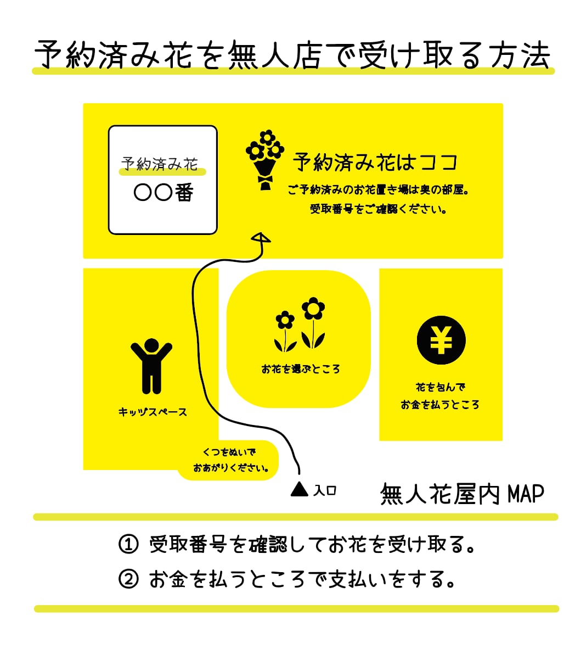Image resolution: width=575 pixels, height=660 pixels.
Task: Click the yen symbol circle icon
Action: pos(441,340)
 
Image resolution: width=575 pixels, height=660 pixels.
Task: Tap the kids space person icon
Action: pos(151,366)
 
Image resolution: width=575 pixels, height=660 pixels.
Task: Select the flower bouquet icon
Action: pos(265,160)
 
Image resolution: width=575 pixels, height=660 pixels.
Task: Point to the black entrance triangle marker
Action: pos(299,488)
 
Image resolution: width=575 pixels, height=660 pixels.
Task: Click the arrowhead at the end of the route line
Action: pos(261,238)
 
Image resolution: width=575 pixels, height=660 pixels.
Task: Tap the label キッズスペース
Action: pos(153,412)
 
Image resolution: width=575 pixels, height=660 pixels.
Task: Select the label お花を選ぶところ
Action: pos(301,369)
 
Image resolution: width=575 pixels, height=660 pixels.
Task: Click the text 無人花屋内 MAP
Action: pos(462,494)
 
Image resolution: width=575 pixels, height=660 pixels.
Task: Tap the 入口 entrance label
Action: pos(325,490)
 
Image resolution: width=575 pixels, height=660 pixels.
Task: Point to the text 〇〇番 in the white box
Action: pos(163,193)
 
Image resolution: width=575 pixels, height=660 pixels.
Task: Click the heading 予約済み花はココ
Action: pos(375,163)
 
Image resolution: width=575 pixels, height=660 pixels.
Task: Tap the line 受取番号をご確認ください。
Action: pos(379,209)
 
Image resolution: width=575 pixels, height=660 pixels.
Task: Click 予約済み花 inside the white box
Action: pos(159,164)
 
